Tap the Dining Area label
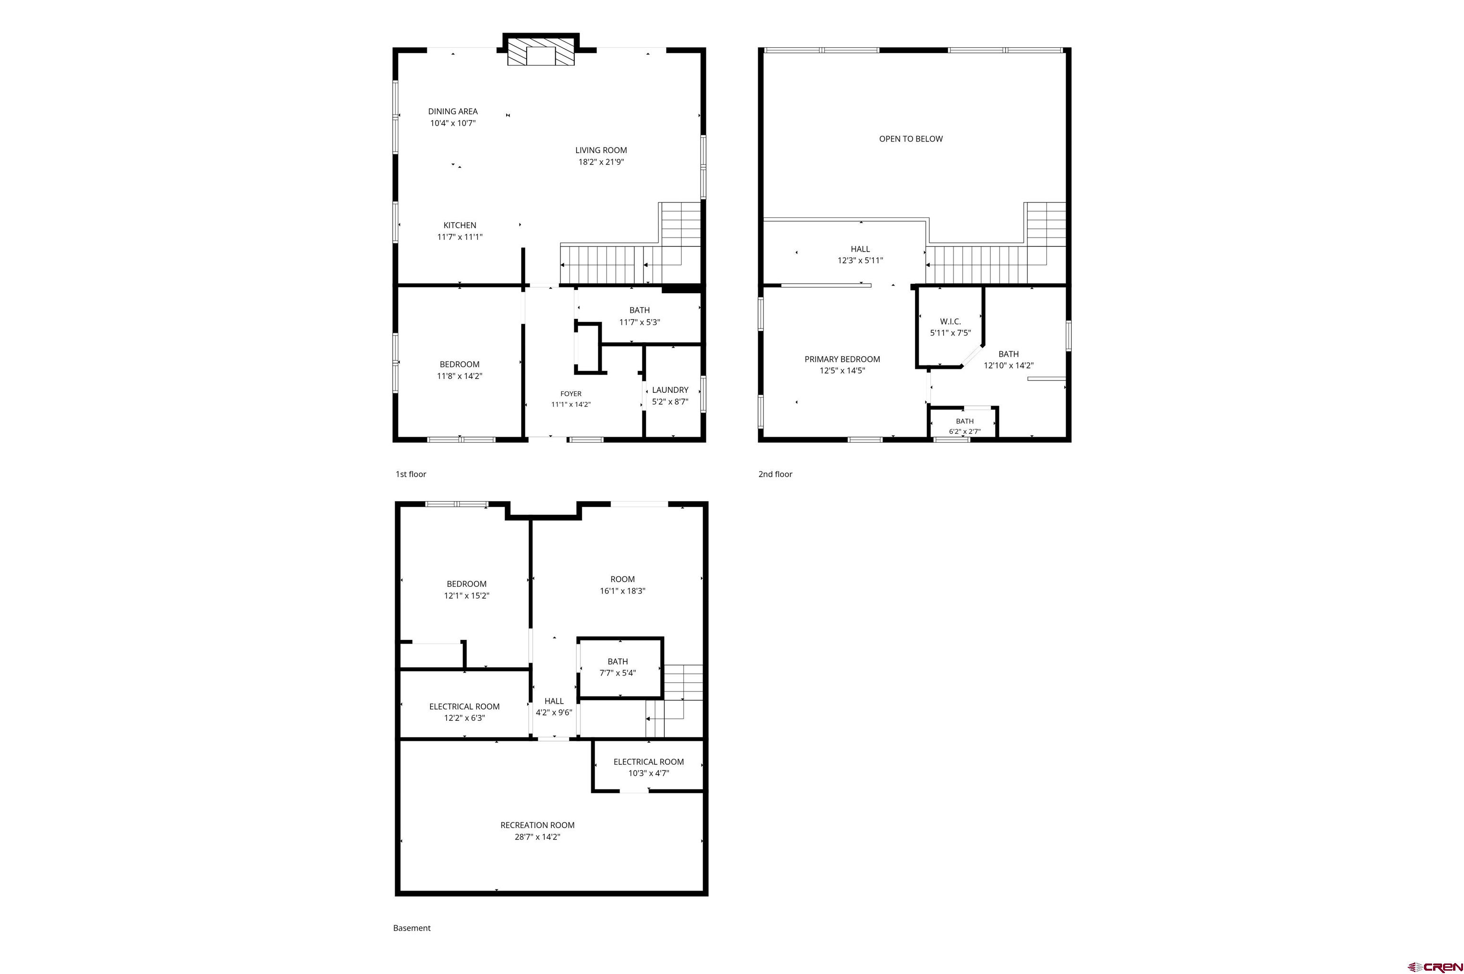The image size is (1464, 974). click(x=453, y=111)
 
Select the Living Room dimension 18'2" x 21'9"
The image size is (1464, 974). click(x=601, y=162)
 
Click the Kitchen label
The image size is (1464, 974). click(x=459, y=225)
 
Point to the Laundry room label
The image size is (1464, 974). click(x=670, y=390)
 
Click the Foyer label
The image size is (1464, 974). click(x=570, y=394)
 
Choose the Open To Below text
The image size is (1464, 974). click(x=911, y=139)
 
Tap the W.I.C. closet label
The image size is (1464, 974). click(x=950, y=321)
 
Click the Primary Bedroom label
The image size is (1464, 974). click(x=842, y=359)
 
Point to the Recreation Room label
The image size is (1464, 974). click(x=537, y=825)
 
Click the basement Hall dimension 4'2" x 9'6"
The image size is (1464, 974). click(x=554, y=712)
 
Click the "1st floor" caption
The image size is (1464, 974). click(x=410, y=474)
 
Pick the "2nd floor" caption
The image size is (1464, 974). click(x=775, y=474)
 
